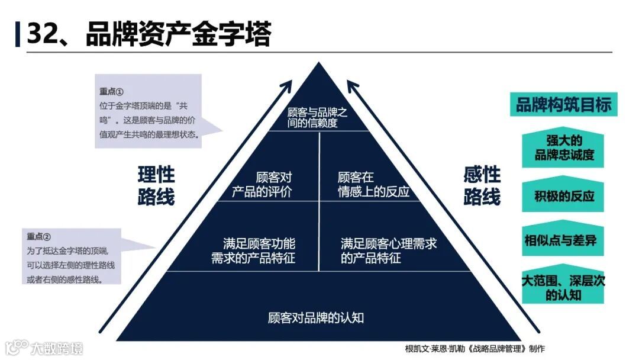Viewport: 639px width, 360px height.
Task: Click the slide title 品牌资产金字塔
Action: pyautogui.click(x=178, y=34)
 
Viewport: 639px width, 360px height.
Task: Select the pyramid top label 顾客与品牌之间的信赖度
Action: pyautogui.click(x=317, y=118)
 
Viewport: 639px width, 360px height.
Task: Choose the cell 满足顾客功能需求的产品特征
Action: pyautogui.click(x=254, y=250)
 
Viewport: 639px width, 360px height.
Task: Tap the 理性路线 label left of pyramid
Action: pyautogui.click(x=156, y=185)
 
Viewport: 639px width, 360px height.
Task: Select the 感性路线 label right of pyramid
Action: pyautogui.click(x=482, y=185)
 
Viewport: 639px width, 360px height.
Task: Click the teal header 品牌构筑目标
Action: pyautogui.click(x=564, y=105)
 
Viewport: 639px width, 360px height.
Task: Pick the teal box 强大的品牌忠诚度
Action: pyautogui.click(x=564, y=149)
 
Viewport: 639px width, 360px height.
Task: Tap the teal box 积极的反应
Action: pyautogui.click(x=564, y=197)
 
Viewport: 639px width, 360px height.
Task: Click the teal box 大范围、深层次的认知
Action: pyautogui.click(x=564, y=287)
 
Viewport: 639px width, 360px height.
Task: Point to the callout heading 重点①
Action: pyautogui.click(x=111, y=92)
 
